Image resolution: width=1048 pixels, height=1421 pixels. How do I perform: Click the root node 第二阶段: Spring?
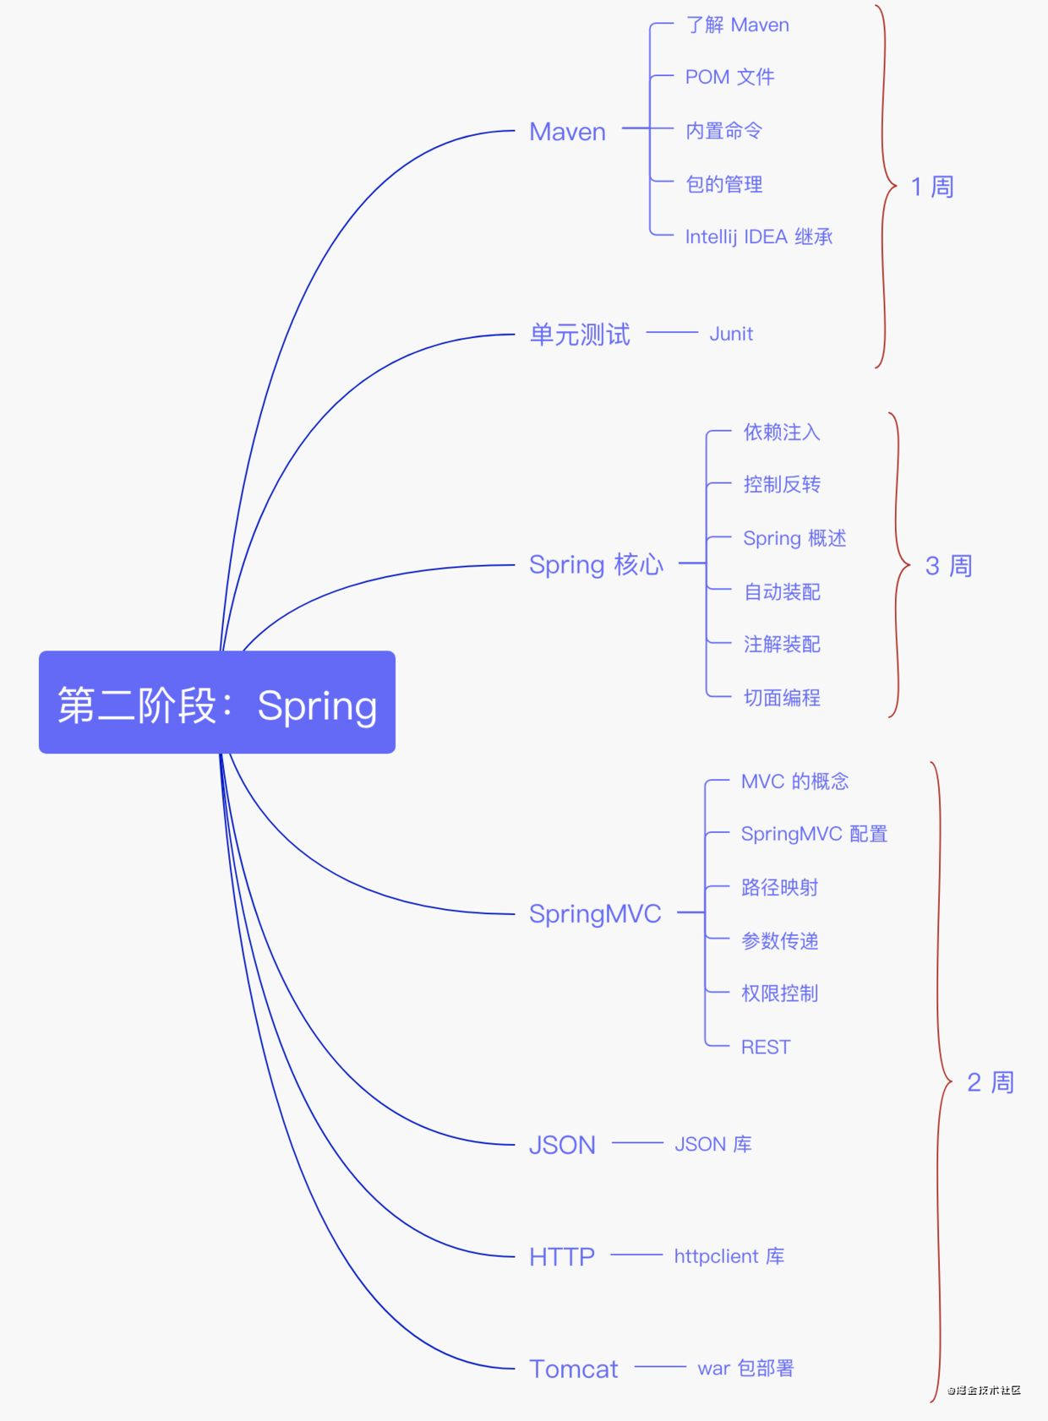pos(217,702)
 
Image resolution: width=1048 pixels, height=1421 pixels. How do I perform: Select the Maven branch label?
pos(567,132)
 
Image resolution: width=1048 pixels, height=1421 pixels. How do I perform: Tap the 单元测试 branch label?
pos(580,335)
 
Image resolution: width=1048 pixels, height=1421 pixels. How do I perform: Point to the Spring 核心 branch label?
pos(596,564)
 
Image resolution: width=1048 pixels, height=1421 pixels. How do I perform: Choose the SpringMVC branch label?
pos(595,913)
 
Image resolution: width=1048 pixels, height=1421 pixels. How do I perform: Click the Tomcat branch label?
pos(573,1369)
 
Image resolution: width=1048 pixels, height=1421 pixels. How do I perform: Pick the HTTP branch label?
pos(562,1256)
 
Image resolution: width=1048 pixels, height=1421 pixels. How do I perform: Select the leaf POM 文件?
pos(729,77)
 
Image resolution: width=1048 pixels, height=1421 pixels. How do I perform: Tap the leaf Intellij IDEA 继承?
pos(758,237)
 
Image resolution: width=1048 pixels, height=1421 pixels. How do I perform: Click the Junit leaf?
pos(731,334)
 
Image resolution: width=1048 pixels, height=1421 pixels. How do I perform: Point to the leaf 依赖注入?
pos(782,433)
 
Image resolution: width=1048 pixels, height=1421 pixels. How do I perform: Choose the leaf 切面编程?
pos(782,698)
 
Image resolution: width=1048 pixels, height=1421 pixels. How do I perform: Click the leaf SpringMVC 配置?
pos(814,834)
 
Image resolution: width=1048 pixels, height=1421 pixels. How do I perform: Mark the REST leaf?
pos(766,1048)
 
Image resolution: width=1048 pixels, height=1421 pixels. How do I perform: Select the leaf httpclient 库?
pos(729,1256)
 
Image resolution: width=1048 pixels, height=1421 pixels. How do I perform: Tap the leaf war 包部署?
pos(745,1369)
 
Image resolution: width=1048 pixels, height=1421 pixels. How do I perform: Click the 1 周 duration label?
pos(932,187)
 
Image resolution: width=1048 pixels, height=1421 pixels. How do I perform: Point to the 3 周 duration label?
pos(948,566)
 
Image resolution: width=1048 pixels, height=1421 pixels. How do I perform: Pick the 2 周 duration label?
pos(990,1082)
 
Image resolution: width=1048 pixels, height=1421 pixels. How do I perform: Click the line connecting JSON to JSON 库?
pos(637,1143)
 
